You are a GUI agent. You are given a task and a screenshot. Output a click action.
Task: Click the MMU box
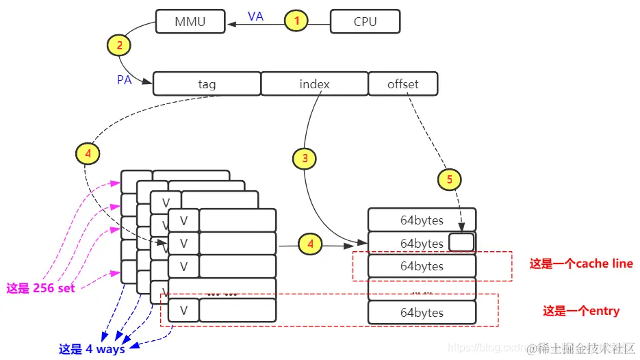click(x=190, y=21)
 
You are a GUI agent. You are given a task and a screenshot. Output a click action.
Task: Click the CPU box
click(x=365, y=21)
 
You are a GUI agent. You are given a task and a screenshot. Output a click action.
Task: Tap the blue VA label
click(x=255, y=16)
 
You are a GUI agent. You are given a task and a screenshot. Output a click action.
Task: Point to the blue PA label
click(x=124, y=80)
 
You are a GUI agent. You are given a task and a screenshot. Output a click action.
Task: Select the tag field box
click(x=207, y=84)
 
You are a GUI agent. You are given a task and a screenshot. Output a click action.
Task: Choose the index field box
click(x=314, y=84)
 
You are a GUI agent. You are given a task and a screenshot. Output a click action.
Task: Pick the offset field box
click(x=402, y=84)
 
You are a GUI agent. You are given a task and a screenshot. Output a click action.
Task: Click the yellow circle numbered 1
click(x=296, y=21)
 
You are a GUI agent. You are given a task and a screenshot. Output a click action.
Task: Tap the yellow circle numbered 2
click(x=119, y=46)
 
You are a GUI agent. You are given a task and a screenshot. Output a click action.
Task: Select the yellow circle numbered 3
click(x=305, y=159)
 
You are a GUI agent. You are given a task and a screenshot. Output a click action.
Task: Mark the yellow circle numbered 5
click(x=449, y=180)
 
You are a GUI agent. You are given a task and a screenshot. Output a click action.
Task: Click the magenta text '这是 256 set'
click(x=40, y=288)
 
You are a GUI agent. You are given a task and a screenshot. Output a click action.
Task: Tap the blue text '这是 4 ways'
click(x=92, y=349)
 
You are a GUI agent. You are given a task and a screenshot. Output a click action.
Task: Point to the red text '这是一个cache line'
click(x=580, y=263)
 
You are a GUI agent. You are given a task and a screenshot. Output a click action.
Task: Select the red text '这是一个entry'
click(x=581, y=311)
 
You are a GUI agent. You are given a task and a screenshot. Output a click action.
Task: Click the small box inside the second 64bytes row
click(x=461, y=242)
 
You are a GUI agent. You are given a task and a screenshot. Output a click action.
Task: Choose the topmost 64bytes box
click(x=422, y=220)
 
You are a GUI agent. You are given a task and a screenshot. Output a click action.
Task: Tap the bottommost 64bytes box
click(x=422, y=313)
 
